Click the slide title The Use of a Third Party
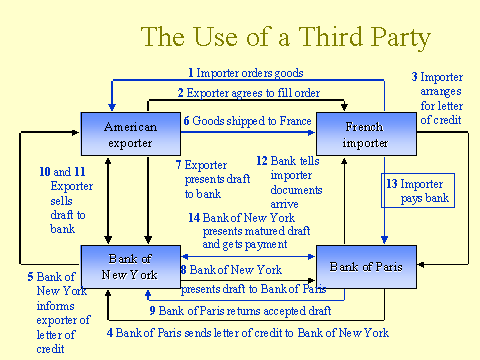click(x=285, y=37)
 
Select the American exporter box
click(x=130, y=135)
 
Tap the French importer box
click(x=364, y=135)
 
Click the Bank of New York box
click(x=130, y=267)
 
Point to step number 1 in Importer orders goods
click(x=191, y=73)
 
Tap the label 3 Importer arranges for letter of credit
click(x=439, y=98)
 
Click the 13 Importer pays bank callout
click(x=419, y=191)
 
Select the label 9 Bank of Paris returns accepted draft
click(x=240, y=310)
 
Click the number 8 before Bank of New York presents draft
click(x=184, y=270)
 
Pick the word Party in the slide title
click(x=396, y=37)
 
